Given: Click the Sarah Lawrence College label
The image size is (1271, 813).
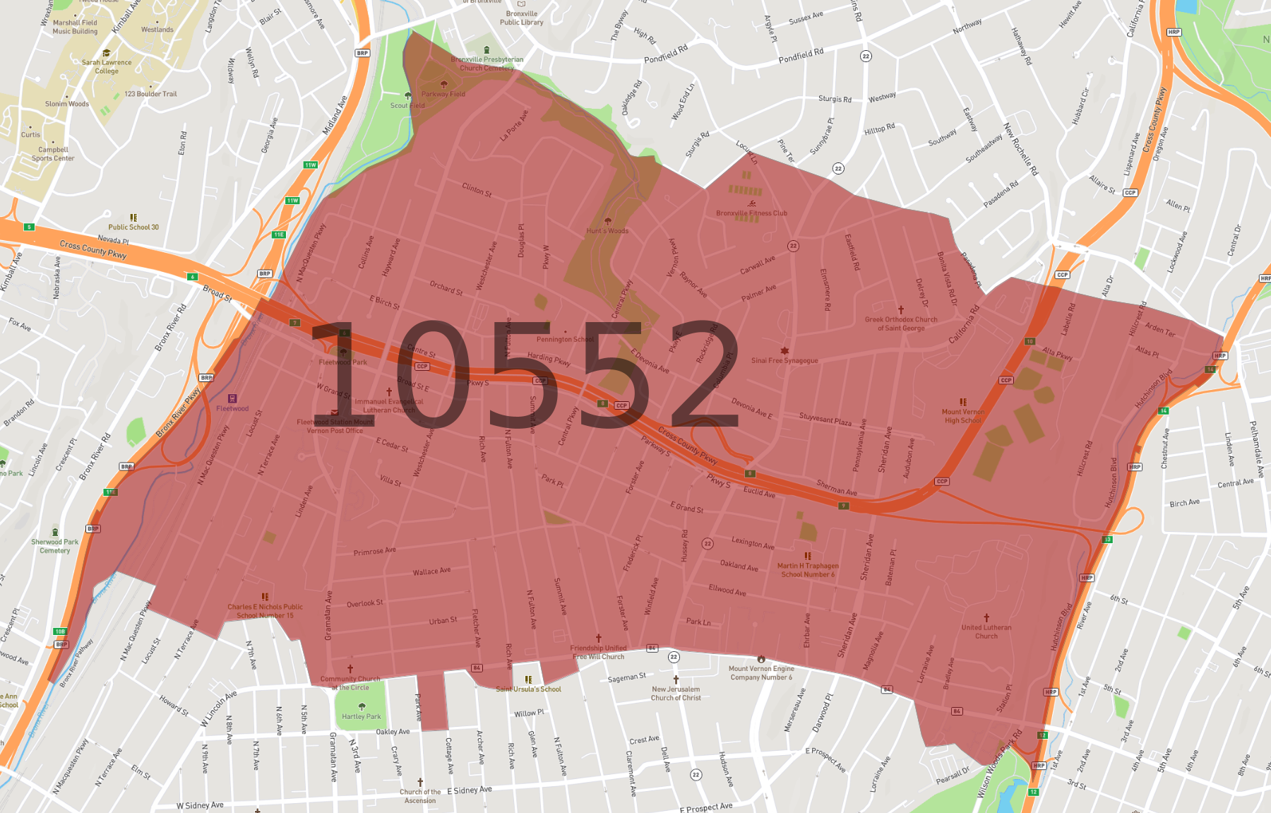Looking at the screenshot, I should point(107,66).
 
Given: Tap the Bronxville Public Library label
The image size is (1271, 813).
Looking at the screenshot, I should point(522,18).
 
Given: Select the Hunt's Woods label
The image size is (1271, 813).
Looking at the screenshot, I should point(607,230).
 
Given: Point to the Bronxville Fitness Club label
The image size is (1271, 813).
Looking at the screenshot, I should point(751,213).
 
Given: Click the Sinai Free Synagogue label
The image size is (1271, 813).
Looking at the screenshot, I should point(784,360).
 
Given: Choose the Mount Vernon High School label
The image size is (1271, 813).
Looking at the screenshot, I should point(963,416).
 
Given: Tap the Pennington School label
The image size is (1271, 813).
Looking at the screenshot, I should point(565,339).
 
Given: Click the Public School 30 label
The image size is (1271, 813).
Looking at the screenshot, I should point(133,227).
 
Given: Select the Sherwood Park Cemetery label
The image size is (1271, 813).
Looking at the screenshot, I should point(55,546).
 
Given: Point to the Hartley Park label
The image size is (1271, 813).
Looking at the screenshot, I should point(362,716).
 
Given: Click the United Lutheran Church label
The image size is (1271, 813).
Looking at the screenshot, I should point(986,631).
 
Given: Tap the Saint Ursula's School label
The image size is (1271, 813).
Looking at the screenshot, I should point(528,689).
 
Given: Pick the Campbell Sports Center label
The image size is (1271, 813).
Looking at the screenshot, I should point(53,153).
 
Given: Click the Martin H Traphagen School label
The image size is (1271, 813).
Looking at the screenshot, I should point(808,570).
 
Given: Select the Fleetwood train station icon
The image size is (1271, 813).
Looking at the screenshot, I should point(232,398).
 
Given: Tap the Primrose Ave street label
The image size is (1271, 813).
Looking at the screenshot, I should point(375,551).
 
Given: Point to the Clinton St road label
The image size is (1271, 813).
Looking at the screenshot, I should point(477,189).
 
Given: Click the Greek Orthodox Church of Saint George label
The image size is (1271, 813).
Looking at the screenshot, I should point(901,324).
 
